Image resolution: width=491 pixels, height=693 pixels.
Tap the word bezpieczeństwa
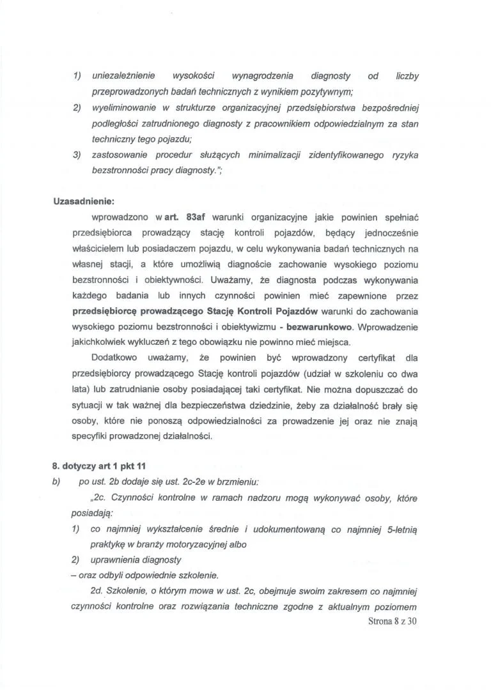tap(248, 404)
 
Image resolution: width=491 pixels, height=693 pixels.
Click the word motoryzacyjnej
tap(194, 545)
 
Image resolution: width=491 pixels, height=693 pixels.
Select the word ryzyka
tap(403, 155)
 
